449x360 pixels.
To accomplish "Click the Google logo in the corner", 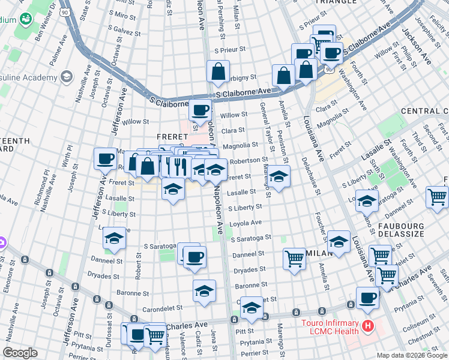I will [x=20, y=353].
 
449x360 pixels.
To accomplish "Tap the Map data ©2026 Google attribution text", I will [x=412, y=355].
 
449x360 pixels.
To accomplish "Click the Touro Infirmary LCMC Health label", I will [x=329, y=326].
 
